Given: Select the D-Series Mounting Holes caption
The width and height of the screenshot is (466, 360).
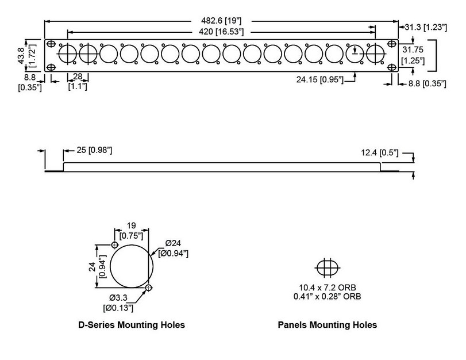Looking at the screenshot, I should (131, 325).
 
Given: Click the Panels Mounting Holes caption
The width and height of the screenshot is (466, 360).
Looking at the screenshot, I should (328, 325).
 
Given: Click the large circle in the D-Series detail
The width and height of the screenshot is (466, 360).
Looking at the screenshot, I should (132, 267).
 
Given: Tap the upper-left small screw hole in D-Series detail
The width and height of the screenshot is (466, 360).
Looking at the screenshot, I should (114, 246).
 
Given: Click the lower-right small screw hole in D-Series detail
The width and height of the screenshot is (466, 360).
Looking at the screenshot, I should (149, 287).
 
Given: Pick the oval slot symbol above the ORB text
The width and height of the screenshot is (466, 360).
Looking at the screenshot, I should (328, 267).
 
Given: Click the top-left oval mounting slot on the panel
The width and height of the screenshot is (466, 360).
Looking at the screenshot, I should (52, 44).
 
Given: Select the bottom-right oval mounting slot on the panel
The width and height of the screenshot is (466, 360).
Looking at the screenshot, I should (392, 67).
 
